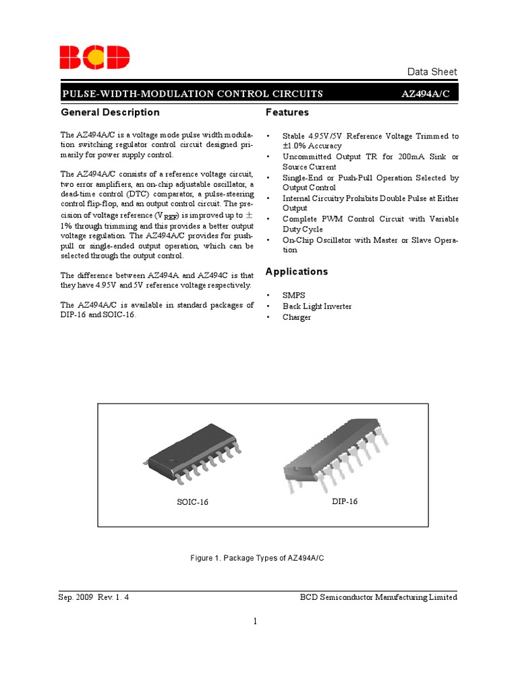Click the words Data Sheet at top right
click(432, 72)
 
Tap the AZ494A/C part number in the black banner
click(428, 94)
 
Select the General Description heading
click(110, 112)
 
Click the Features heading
click(287, 112)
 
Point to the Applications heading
click(297, 271)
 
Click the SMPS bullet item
click(294, 296)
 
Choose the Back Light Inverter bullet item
click(317, 306)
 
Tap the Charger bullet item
click(297, 317)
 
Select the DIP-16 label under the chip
click(344, 501)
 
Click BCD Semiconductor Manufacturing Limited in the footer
click(378, 597)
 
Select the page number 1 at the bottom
click(256, 621)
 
